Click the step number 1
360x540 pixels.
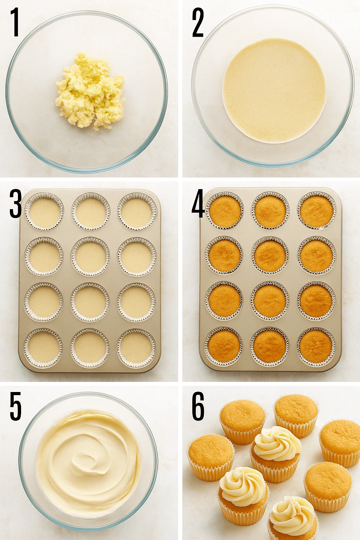pos(15,23)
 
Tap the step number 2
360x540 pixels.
pos(198,23)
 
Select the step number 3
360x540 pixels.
pos(15,204)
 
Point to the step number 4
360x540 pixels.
pos(198,204)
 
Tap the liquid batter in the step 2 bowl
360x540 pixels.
pos(274,91)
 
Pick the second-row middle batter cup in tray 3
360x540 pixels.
pos(90,256)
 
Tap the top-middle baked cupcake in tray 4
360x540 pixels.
pos(270,211)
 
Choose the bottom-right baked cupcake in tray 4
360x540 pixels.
pos(316,347)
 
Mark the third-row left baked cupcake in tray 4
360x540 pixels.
pos(224,301)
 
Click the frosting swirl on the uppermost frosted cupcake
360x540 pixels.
pos(277,443)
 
